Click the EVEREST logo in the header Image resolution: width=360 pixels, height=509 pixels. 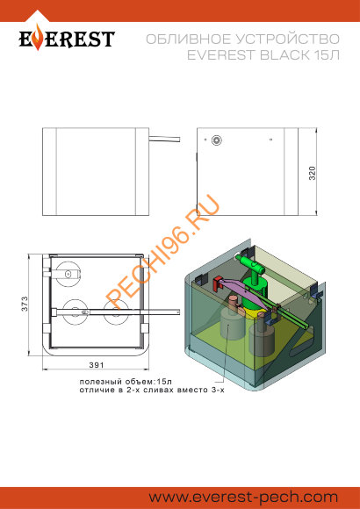pos(67,39)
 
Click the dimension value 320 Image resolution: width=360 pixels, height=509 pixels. pos(313,174)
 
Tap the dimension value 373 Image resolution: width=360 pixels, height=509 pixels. pos(25,304)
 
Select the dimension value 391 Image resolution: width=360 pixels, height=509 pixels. pos(97,365)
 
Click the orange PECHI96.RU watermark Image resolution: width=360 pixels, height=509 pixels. pos(163,252)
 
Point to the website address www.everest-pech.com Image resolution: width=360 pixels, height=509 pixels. pos(243,497)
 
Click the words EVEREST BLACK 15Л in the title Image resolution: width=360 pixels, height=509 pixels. pos(263,55)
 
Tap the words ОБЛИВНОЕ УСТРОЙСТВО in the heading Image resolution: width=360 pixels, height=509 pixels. pos(242,39)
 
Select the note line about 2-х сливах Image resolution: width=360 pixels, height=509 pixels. pos(152,390)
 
